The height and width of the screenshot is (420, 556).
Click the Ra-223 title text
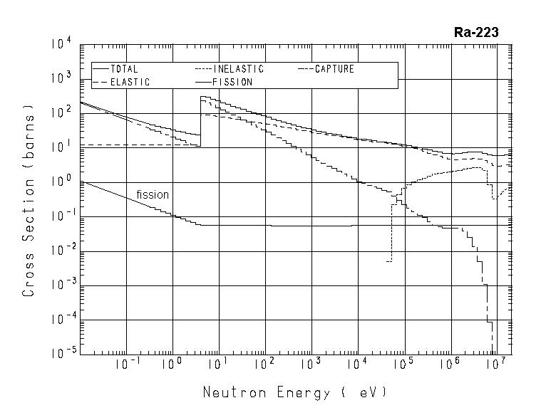475,32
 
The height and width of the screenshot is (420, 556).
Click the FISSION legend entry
233,82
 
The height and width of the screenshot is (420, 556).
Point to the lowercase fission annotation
153,194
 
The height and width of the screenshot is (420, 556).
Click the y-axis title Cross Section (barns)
29,201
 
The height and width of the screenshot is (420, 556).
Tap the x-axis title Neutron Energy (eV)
295,392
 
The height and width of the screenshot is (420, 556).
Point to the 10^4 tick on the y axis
61,45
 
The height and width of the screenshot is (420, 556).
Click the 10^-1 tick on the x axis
127,364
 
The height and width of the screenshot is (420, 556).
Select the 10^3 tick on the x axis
311,364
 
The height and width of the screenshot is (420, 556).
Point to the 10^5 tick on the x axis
403,364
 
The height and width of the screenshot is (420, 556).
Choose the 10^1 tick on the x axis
219,364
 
